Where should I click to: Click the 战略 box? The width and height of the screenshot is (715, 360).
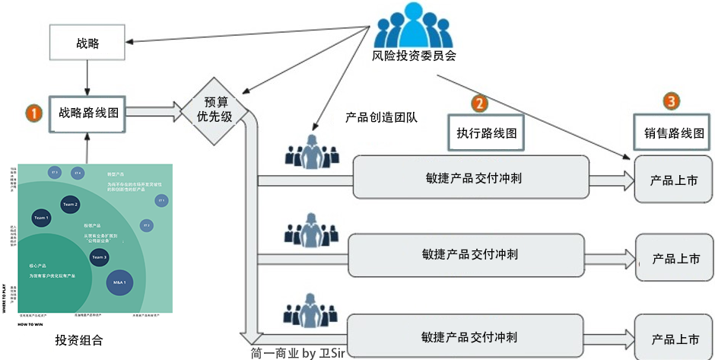click(x=87, y=43)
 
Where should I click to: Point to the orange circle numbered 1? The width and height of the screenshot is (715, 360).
click(x=33, y=113)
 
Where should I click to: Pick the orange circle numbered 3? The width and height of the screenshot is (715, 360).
click(x=670, y=100)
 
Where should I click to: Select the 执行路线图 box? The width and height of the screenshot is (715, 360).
click(x=487, y=132)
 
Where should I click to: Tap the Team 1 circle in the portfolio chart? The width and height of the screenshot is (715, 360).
click(x=40, y=218)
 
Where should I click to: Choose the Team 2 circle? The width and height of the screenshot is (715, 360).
click(x=71, y=204)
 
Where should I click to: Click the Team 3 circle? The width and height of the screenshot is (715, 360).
click(x=99, y=258)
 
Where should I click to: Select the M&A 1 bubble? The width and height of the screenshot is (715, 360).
click(x=119, y=282)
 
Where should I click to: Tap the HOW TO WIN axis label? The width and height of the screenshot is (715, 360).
click(x=30, y=323)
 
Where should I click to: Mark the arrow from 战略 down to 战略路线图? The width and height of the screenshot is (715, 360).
click(x=87, y=78)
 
